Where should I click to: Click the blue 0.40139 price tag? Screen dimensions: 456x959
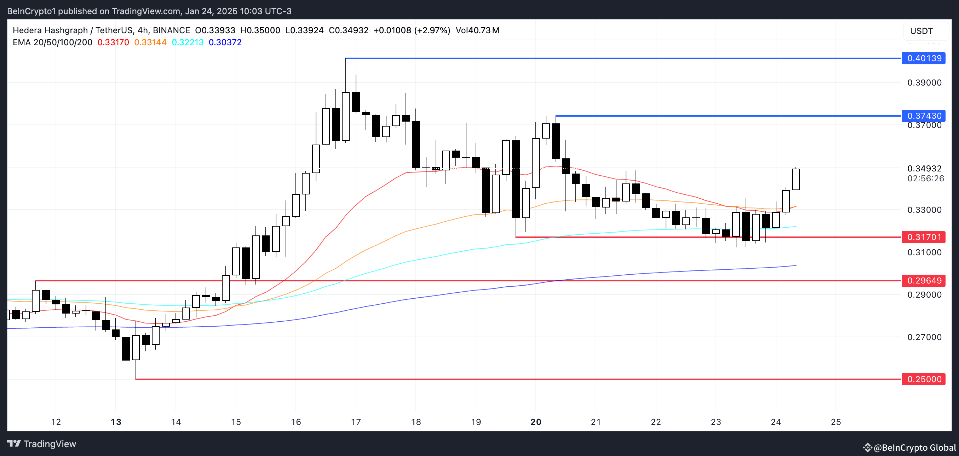(923, 58)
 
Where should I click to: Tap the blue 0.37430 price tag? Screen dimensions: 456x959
(923, 116)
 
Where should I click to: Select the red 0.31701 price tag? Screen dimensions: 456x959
(923, 237)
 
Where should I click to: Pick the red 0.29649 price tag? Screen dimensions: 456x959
(923, 280)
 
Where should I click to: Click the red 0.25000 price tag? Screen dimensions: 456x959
(923, 379)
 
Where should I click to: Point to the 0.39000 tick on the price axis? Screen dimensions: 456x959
(924, 83)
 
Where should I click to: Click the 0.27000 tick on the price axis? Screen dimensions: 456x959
(924, 337)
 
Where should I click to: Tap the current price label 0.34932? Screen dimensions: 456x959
(924, 169)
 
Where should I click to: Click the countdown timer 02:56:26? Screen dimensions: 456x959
(925, 179)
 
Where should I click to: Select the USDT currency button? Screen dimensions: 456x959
(921, 31)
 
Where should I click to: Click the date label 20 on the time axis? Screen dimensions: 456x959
(536, 422)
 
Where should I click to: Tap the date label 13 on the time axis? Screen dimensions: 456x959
(116, 422)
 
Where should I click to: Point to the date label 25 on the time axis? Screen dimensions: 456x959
(836, 422)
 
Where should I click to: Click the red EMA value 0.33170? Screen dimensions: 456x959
(113, 42)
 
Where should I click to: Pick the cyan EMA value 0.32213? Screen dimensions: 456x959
(188, 42)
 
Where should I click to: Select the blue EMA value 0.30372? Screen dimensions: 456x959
(225, 42)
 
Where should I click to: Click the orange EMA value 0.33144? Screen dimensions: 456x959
(150, 42)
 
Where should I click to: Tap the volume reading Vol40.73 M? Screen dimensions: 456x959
(477, 30)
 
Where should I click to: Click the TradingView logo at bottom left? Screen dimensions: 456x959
(42, 444)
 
